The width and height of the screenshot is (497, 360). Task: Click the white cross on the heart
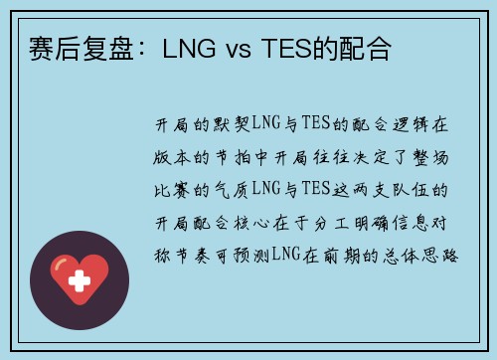[x=80, y=280]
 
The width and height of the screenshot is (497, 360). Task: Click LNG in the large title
[x=189, y=49]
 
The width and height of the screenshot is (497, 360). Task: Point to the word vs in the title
[x=239, y=51]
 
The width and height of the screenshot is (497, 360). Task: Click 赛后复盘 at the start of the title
[x=82, y=49]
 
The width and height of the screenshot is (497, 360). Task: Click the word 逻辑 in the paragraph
[x=411, y=124]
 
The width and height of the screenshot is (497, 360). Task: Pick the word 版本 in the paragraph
[x=172, y=157]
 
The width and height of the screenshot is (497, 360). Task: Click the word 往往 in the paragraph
[x=331, y=157]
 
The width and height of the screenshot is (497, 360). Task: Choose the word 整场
[x=430, y=157]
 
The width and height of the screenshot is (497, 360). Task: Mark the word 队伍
[x=411, y=190]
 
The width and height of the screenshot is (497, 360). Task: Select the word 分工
[x=331, y=223]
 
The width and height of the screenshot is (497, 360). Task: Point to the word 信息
[x=411, y=223]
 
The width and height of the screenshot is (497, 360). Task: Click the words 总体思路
[x=420, y=256]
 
